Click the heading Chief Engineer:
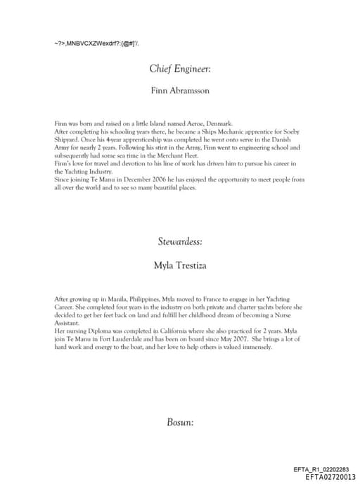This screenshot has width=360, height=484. click(180, 69)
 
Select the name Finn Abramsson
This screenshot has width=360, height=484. click(180, 91)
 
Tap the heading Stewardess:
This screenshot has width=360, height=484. click(180, 241)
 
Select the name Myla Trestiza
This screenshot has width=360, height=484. click(180, 266)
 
